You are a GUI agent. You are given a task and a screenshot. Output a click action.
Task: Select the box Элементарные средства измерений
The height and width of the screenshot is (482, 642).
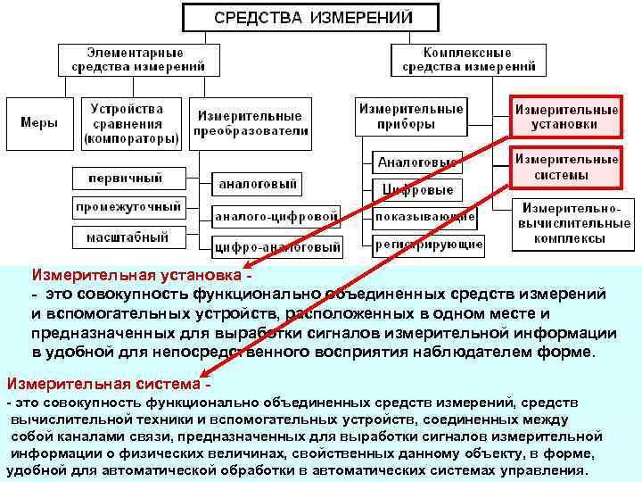(135, 59)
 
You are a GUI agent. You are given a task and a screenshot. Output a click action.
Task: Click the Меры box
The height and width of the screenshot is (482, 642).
(39, 123)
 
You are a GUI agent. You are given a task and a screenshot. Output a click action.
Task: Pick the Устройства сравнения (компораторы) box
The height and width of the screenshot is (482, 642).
(128, 123)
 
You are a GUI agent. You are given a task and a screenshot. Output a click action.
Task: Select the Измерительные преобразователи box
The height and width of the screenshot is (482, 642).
(251, 123)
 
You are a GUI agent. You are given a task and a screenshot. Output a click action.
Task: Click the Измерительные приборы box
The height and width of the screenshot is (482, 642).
(411, 116)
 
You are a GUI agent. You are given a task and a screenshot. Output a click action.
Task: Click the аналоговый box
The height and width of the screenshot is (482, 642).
(257, 185)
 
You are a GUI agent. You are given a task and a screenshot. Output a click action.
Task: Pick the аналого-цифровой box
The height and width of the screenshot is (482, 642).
(276, 216)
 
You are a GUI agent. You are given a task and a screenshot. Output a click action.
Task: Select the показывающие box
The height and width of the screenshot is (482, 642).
(424, 217)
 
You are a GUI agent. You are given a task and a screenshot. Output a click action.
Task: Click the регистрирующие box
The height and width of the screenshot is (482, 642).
(429, 244)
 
